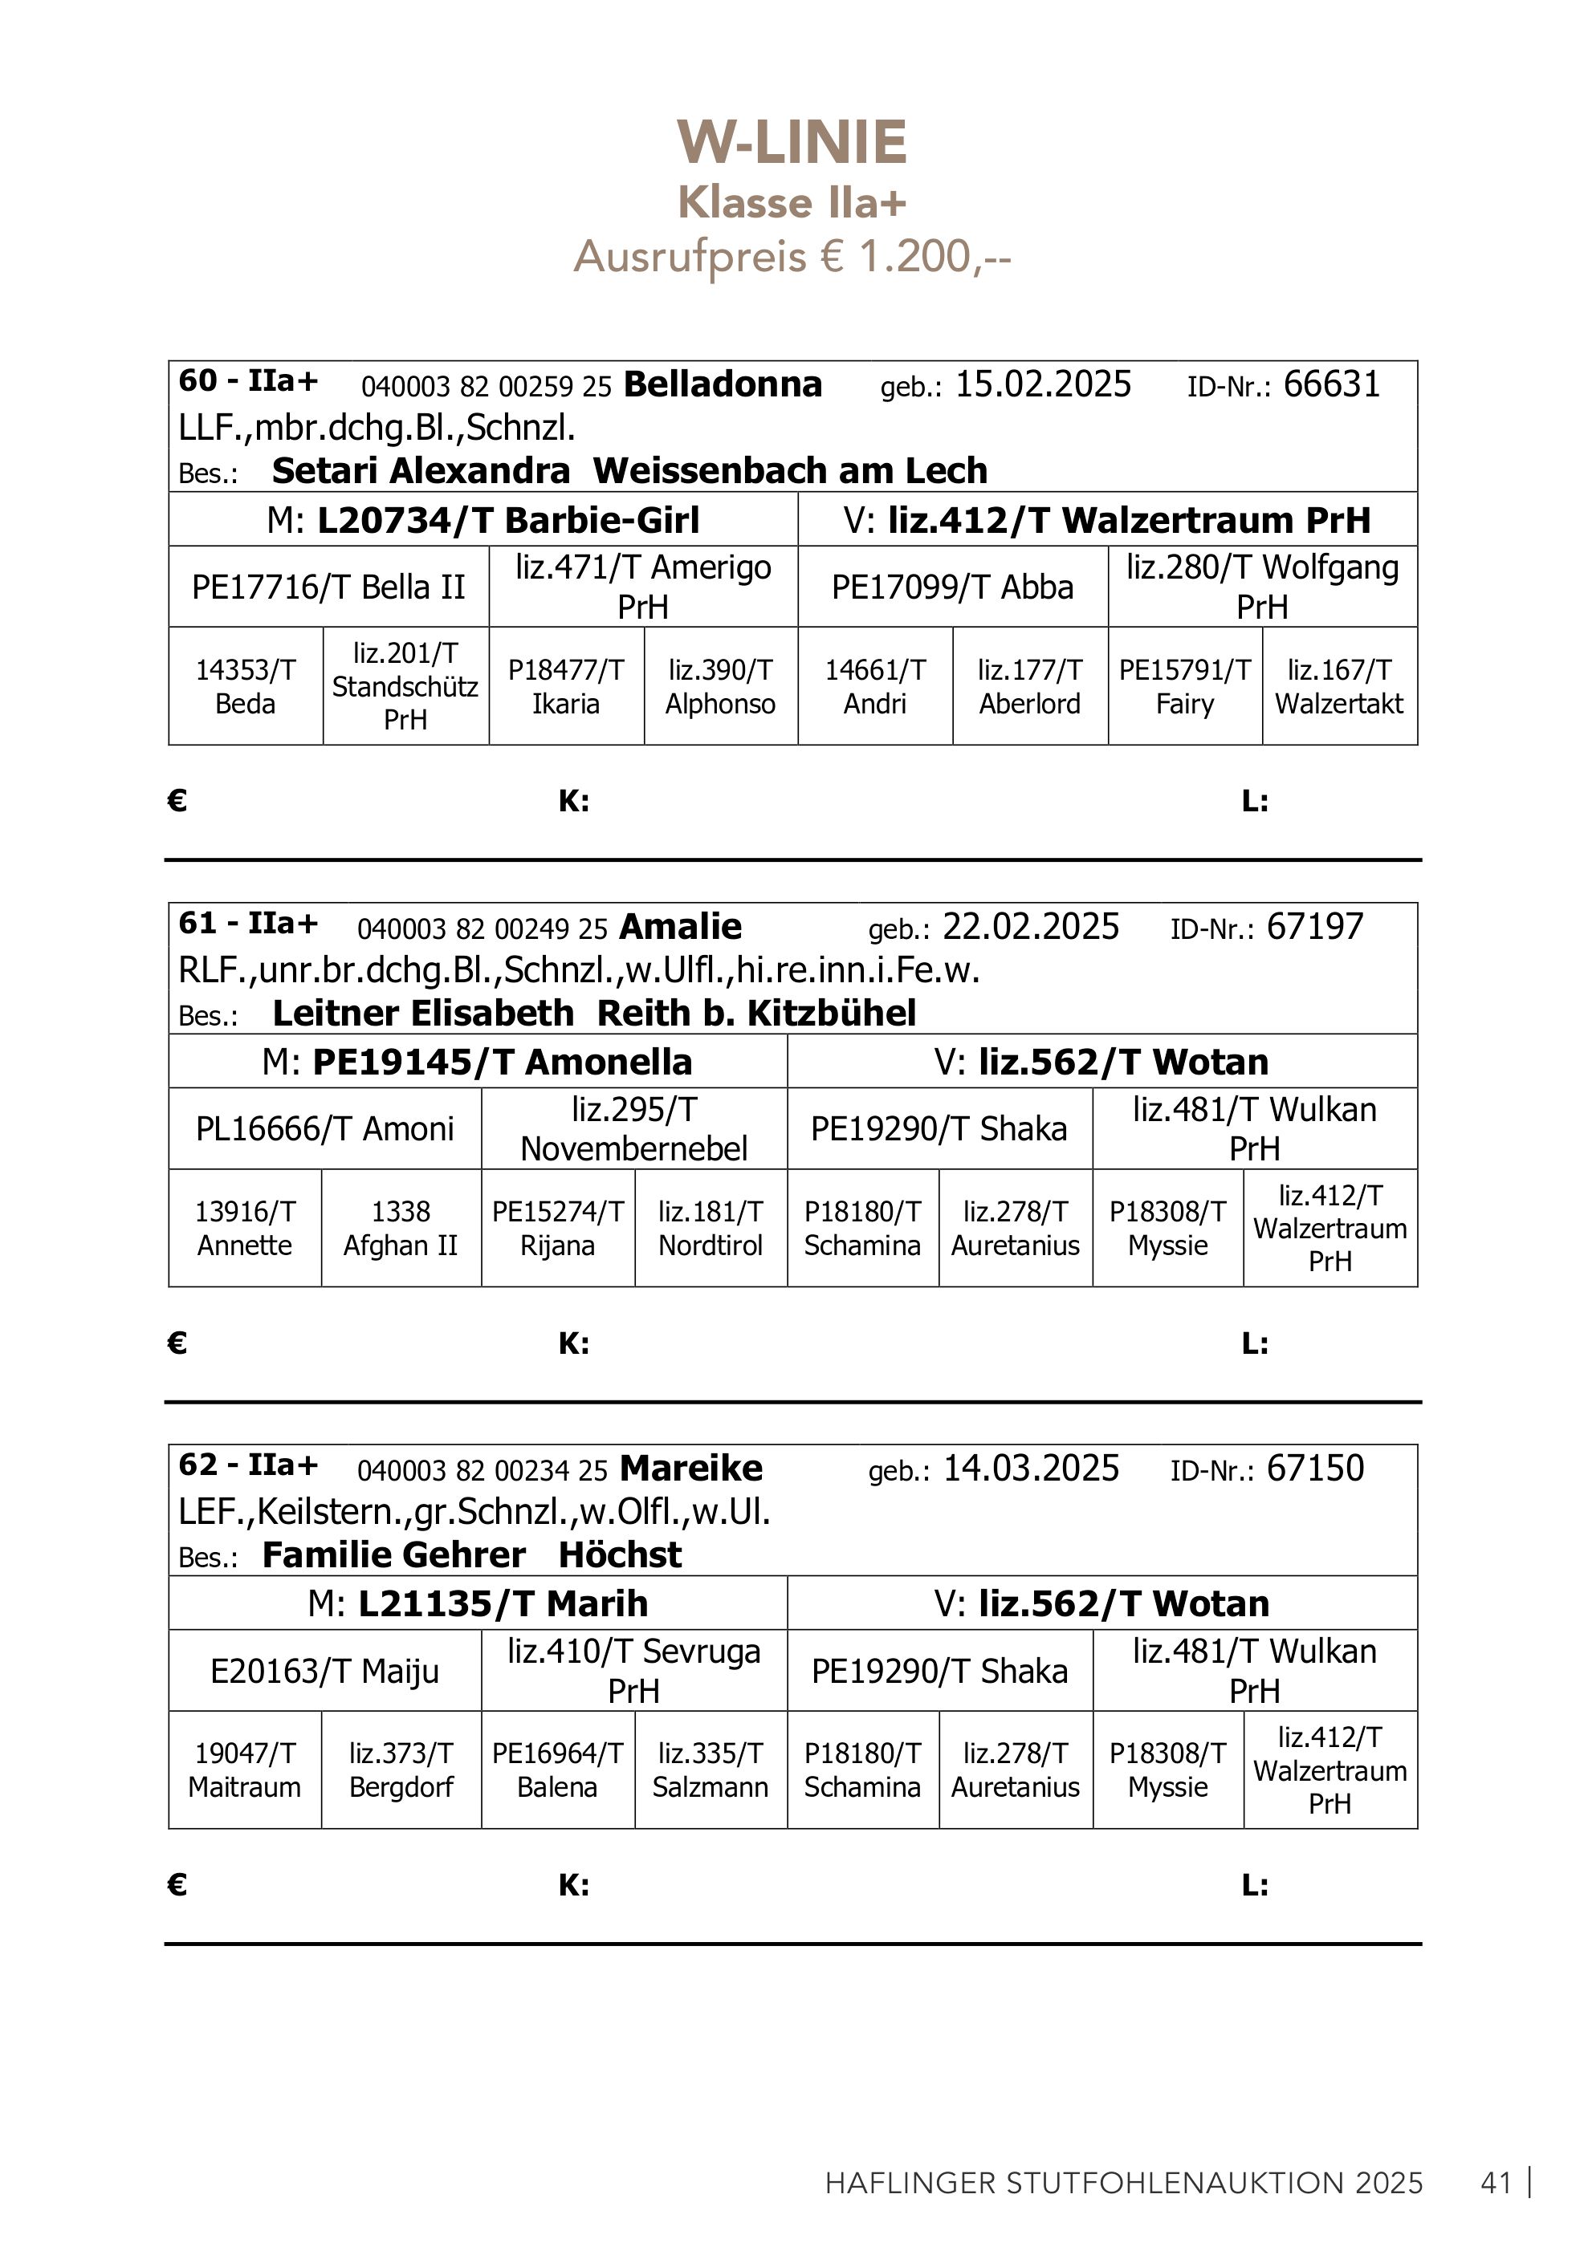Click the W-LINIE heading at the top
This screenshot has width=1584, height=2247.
click(x=792, y=143)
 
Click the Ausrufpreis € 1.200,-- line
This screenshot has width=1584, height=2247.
click(x=792, y=258)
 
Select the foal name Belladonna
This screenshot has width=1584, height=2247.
click(x=723, y=384)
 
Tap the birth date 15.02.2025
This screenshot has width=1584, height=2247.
click(x=1043, y=384)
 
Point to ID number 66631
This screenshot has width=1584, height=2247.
click(x=1331, y=384)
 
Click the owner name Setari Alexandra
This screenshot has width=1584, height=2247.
click(x=421, y=471)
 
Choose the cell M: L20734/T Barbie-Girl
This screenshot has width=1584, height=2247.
click(x=483, y=520)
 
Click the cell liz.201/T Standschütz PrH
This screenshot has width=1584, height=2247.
click(x=405, y=686)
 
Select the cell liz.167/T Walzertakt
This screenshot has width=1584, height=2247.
click(x=1339, y=686)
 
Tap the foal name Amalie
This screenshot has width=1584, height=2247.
click(x=680, y=927)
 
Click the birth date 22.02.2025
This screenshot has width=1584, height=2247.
click(x=1031, y=927)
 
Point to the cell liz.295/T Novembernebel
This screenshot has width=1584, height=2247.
click(x=634, y=1128)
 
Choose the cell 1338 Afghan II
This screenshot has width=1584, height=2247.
click(x=401, y=1228)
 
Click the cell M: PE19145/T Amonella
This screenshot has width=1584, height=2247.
click(x=477, y=1062)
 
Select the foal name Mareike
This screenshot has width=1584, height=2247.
click(x=691, y=1469)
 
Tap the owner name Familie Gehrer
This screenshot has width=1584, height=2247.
click(x=393, y=1555)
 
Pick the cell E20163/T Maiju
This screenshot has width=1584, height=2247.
click(x=324, y=1671)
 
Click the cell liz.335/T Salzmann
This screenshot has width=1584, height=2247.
click(x=711, y=1770)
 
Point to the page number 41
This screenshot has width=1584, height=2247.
click(x=1496, y=2184)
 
